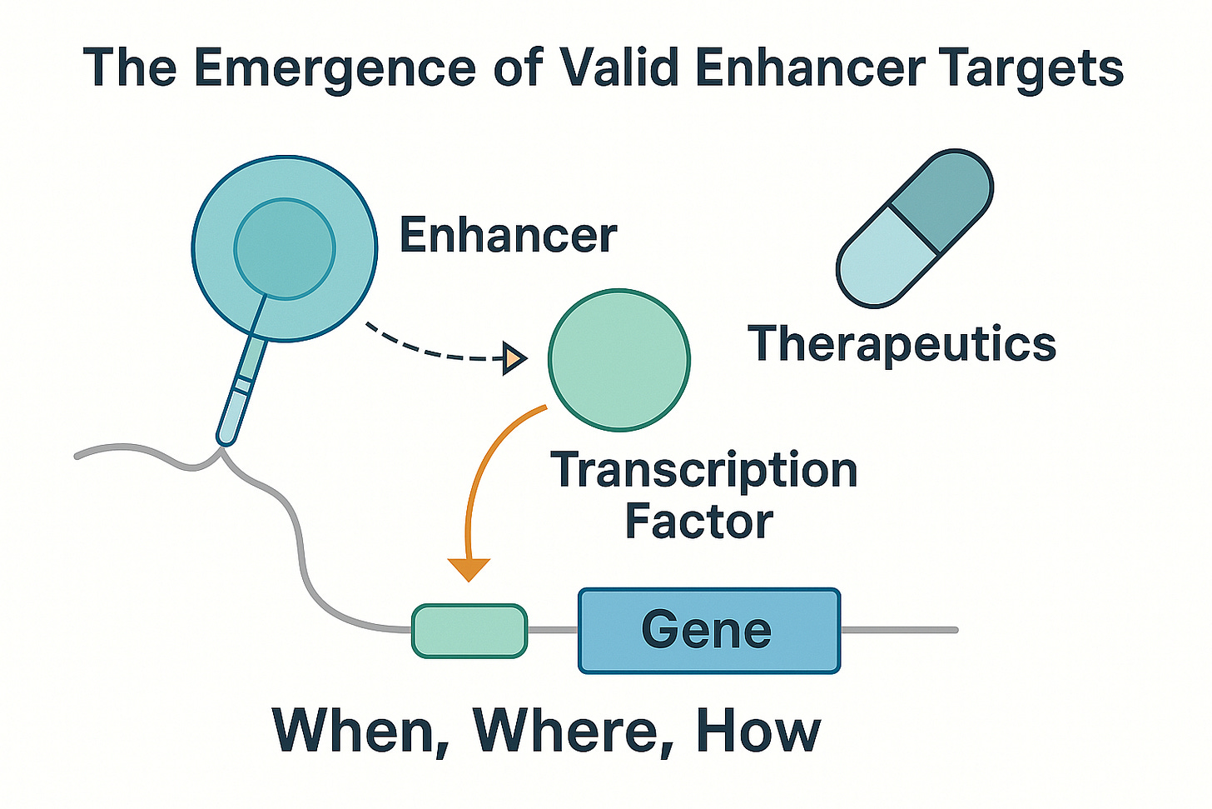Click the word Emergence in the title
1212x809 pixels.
point(335,68)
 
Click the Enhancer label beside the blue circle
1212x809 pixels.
point(508,234)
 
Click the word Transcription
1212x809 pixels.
point(704,471)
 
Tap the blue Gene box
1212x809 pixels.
point(709,631)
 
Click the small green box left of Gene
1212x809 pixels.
point(469,631)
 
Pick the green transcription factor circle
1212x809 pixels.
point(619,360)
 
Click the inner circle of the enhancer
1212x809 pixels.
point(285,248)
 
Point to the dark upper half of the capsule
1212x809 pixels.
point(941,201)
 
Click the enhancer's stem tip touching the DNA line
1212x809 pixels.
point(224,444)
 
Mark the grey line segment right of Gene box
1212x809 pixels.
point(899,630)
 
